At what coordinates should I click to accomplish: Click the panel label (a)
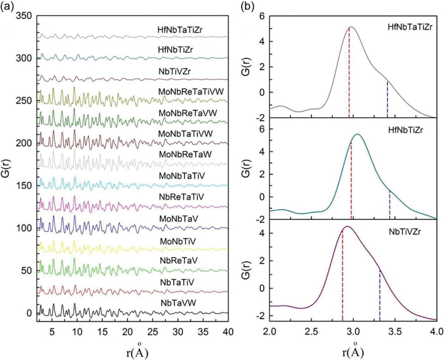(9, 7)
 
